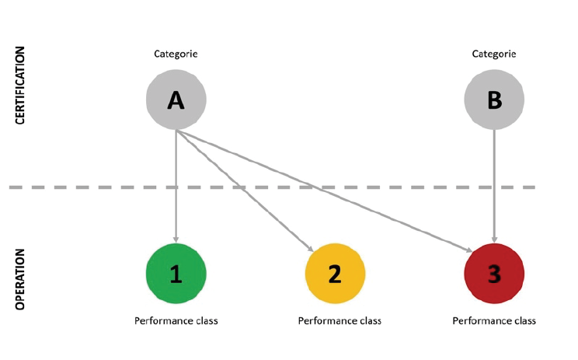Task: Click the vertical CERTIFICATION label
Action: click(x=21, y=86)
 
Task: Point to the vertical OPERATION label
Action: click(x=21, y=279)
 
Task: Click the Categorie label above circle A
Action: click(x=176, y=54)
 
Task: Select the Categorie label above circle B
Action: click(x=494, y=54)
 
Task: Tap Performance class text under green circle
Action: click(x=176, y=320)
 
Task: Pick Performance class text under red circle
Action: click(x=494, y=320)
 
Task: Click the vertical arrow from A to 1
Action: click(x=176, y=187)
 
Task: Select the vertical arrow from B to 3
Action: click(x=494, y=187)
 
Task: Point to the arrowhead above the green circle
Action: click(x=176, y=239)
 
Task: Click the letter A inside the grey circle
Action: click(x=176, y=100)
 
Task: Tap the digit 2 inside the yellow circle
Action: click(x=335, y=274)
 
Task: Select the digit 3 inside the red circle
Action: click(x=494, y=274)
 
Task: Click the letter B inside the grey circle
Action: click(x=494, y=100)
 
